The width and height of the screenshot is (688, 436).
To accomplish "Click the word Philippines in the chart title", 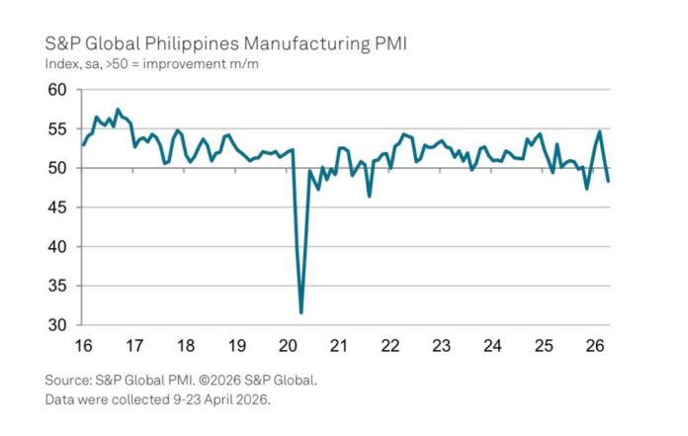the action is coord(192,44).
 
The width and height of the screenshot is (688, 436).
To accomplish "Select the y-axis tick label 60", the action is coord(57,90).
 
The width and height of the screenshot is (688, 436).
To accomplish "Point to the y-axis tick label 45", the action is coord(57,208).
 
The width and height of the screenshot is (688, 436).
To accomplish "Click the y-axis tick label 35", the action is coord(57,286).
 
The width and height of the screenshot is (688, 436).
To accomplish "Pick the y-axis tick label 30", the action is coord(57,325).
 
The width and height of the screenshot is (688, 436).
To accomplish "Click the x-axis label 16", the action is coord(84,346).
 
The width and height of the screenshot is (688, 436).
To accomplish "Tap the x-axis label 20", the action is coord(288,346).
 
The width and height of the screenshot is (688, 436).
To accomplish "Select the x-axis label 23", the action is coord(441,346).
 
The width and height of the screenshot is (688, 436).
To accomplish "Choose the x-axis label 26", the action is coord(595,346).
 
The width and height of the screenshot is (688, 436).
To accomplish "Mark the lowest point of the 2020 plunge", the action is coord(301,312).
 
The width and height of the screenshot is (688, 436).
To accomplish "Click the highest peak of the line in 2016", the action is coord(118,109).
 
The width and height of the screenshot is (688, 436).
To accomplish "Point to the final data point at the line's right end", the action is coord(608,181).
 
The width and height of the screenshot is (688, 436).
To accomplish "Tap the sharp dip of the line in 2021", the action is coord(370,196).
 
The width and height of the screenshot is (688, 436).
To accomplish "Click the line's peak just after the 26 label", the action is coord(600,131).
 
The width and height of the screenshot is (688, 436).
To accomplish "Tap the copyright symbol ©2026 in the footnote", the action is coord(219,380).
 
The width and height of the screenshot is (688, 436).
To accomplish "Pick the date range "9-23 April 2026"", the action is coord(221,399).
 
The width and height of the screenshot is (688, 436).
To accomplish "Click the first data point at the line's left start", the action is coord(83,144).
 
